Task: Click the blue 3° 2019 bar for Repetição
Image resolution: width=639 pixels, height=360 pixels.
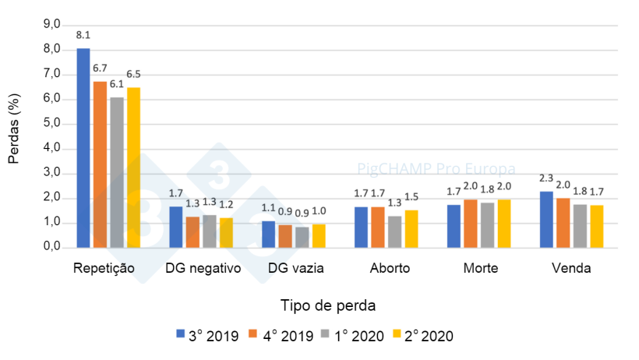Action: point(83,148)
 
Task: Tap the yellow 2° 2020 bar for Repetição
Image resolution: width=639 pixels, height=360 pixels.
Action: point(133,168)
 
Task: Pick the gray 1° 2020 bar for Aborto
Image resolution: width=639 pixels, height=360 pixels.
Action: point(394,231)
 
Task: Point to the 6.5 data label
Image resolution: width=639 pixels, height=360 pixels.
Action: point(133,75)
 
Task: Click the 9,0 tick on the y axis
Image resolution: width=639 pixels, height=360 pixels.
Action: point(51,24)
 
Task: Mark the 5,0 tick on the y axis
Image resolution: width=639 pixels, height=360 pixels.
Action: point(51,123)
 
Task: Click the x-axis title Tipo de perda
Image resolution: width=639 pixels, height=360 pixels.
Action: point(333,304)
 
